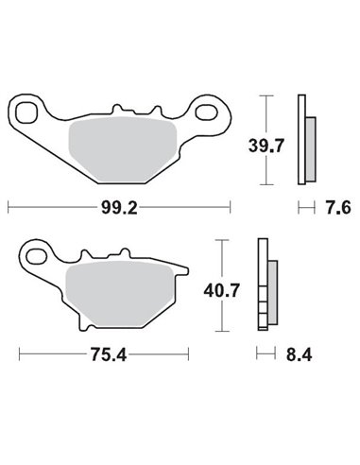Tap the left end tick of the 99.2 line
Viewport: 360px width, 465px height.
pos(9,205)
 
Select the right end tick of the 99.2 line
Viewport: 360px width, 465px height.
pos(230,205)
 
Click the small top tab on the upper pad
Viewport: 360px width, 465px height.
pos(117,109)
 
